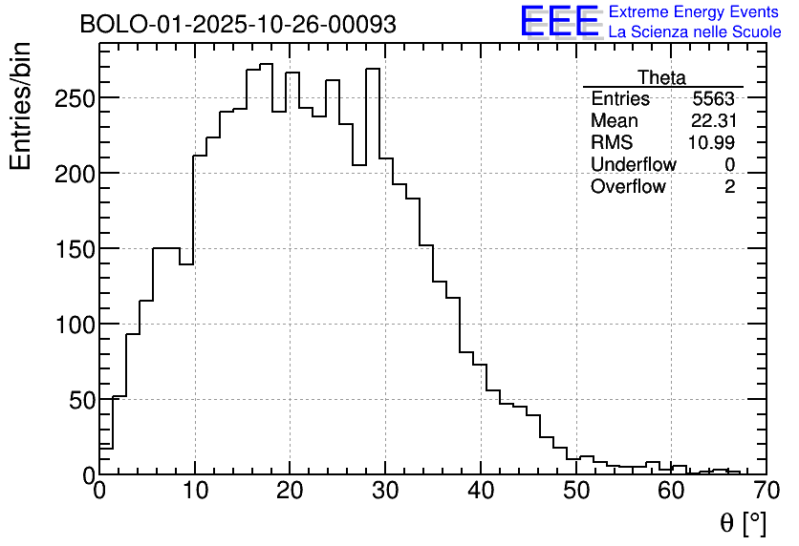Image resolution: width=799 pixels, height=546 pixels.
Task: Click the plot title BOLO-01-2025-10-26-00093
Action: click(238, 25)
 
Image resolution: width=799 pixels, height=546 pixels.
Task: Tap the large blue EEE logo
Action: click(560, 21)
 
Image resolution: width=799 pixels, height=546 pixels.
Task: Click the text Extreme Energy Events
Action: click(694, 12)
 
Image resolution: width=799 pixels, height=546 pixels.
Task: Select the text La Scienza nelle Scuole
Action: click(695, 32)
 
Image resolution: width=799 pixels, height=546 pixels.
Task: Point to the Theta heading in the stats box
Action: click(661, 77)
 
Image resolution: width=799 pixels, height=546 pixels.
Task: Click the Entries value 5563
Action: click(714, 99)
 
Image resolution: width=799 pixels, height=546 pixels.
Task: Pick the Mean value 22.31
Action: click(713, 121)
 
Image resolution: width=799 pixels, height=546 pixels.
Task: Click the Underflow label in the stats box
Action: click(633, 165)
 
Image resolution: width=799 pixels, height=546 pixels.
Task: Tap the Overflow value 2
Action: click(729, 187)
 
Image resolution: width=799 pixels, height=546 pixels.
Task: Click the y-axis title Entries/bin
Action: click(21, 107)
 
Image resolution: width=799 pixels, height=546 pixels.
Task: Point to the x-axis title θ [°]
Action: click(743, 522)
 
